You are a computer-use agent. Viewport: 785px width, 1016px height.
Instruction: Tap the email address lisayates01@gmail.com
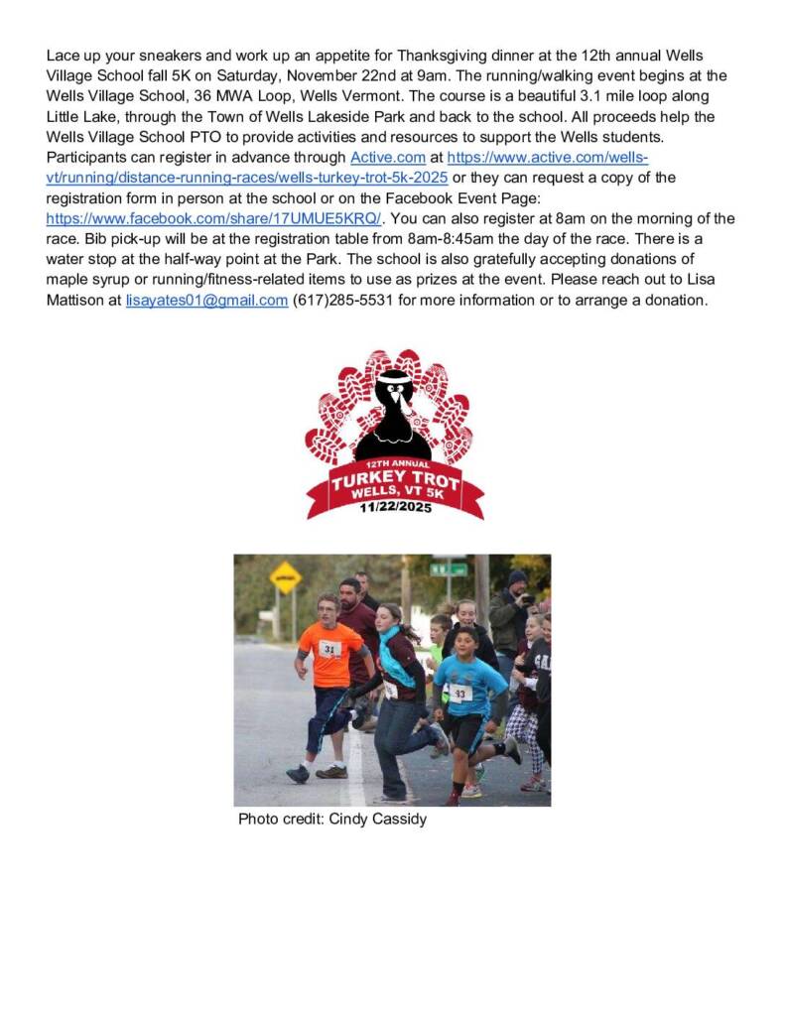click(206, 301)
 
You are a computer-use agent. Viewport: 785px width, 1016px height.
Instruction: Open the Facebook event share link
click(213, 218)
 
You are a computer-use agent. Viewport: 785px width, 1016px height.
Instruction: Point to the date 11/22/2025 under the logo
click(395, 508)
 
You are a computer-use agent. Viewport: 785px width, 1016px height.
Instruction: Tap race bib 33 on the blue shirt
click(460, 694)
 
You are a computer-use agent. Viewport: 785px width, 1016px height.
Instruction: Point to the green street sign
click(449, 569)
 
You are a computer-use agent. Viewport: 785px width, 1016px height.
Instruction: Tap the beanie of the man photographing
click(517, 576)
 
